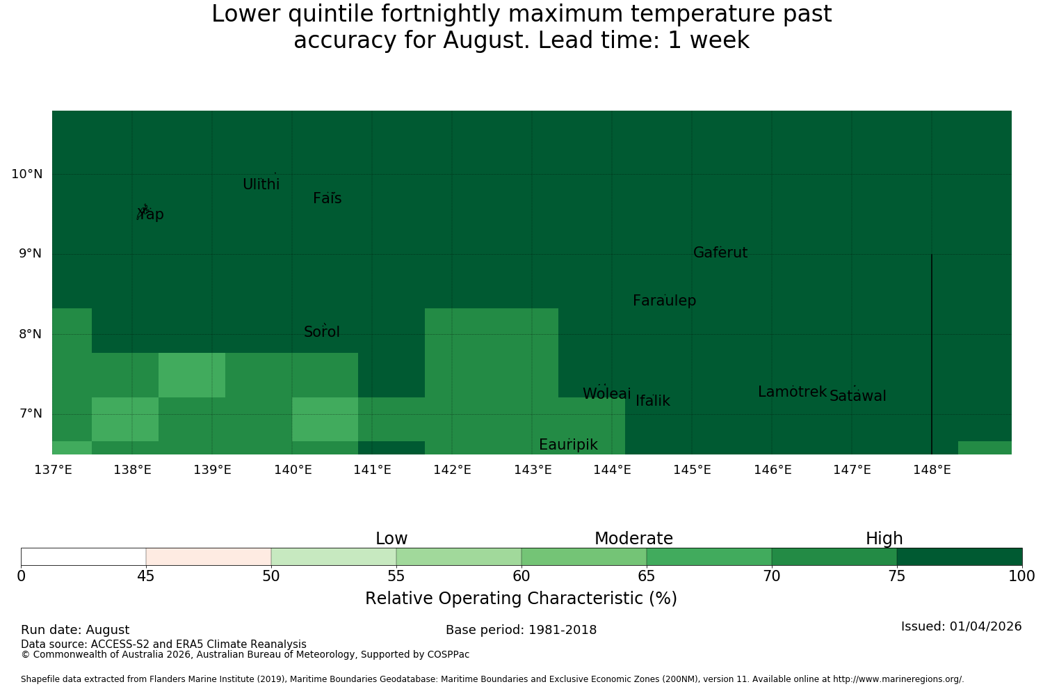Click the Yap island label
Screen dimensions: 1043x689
pos(151,214)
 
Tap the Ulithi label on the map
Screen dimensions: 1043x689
pos(261,184)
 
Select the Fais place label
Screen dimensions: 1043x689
pos(328,198)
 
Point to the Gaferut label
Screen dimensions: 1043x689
pos(720,252)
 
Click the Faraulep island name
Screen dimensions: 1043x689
pos(665,301)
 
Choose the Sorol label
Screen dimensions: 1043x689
pos(322,331)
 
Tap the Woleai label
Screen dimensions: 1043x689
pos(607,393)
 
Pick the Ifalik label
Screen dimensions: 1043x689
pos(653,400)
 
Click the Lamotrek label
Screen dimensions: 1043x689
pos(793,392)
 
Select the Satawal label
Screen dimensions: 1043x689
pos(857,396)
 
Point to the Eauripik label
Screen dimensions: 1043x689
pos(568,445)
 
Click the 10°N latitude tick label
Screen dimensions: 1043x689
pos(27,174)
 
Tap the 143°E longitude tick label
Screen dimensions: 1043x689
pos(533,470)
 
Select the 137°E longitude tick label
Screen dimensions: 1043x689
pos(53,470)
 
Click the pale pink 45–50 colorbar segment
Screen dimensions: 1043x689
pos(209,557)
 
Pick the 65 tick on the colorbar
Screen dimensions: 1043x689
pos(646,576)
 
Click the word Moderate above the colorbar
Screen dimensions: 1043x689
pos(633,539)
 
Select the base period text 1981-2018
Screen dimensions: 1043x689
pos(563,630)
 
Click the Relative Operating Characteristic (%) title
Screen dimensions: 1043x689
pos(521,598)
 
